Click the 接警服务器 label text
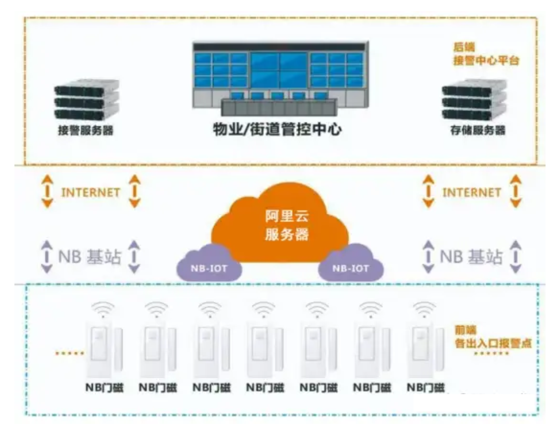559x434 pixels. pyautogui.click(x=86, y=130)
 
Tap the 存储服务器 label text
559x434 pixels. pyautogui.click(x=478, y=130)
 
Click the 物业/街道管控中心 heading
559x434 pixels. pyautogui.click(x=278, y=129)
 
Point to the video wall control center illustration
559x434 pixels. pyautogui.click(x=280, y=78)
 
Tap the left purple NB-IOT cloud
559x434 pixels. pyautogui.click(x=209, y=263)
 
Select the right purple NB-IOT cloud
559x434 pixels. pyautogui.click(x=351, y=263)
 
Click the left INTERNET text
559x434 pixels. pyautogui.click(x=90, y=192)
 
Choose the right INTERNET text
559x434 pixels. pyautogui.click(x=471, y=192)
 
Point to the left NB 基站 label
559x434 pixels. pyautogui.click(x=90, y=257)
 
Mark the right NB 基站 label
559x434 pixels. pyautogui.click(x=471, y=257)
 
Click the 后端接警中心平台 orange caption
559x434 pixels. pyautogui.click(x=485, y=53)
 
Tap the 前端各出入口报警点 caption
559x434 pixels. pyautogui.click(x=492, y=337)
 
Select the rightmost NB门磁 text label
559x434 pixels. pyautogui.click(x=426, y=387)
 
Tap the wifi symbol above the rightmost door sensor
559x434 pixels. pyautogui.click(x=424, y=309)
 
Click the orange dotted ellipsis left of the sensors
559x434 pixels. pyautogui.click(x=70, y=353)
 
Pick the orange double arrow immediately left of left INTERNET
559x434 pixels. pyautogui.click(x=48, y=191)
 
